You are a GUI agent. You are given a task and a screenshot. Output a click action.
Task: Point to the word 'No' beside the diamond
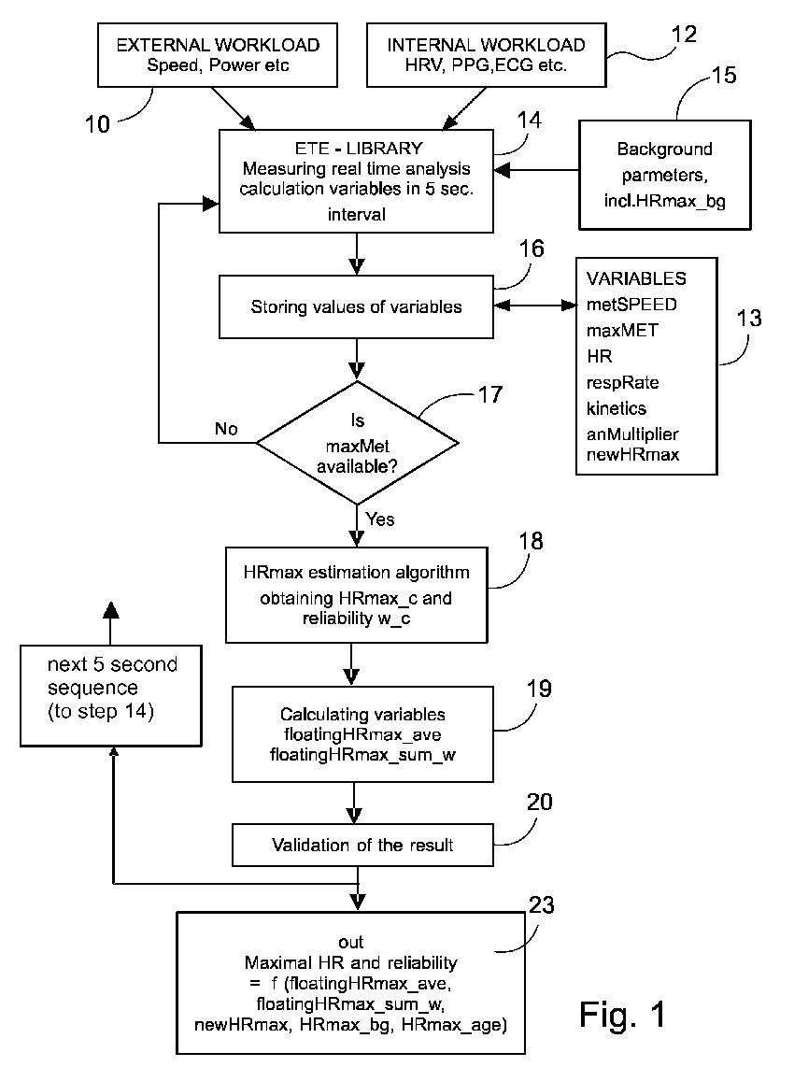click(226, 429)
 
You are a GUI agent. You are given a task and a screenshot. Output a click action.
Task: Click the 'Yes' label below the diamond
click(380, 519)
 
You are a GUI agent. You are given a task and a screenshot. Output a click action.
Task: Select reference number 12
click(684, 35)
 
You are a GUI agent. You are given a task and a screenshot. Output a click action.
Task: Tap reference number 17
click(490, 394)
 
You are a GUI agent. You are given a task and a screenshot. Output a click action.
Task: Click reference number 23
click(541, 904)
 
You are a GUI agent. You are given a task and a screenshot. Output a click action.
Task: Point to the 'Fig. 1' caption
click(622, 1015)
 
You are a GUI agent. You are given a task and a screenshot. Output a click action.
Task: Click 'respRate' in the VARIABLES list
click(622, 383)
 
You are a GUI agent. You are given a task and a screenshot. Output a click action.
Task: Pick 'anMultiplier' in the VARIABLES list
click(632, 434)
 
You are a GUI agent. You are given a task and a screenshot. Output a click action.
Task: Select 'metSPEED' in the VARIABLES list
click(631, 304)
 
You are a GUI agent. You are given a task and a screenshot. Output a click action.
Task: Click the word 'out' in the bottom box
click(351, 942)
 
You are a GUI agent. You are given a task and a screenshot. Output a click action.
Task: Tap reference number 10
click(97, 124)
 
